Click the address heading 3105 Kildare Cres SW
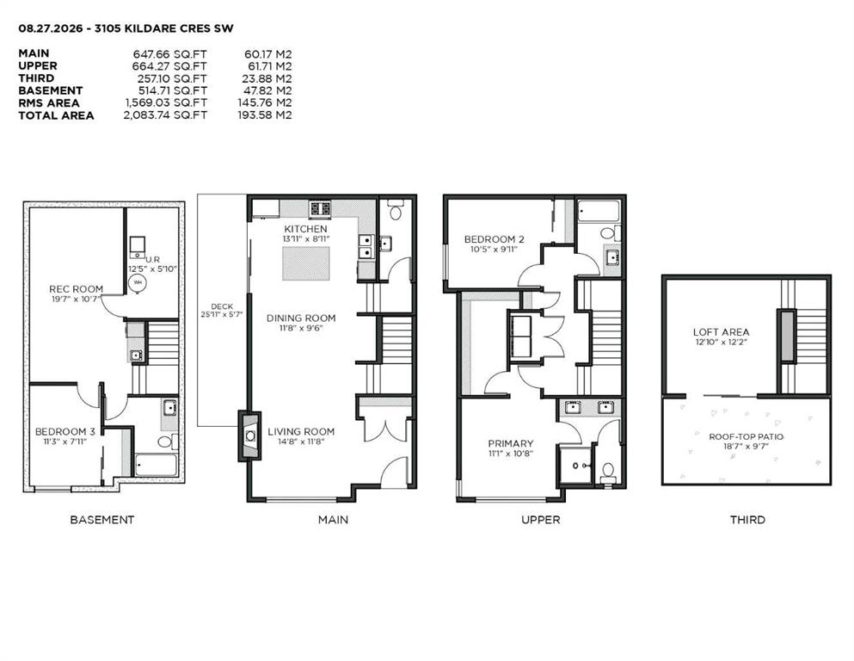[163, 28]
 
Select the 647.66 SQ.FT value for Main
[170, 54]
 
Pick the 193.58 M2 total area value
[265, 115]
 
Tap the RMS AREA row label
[49, 103]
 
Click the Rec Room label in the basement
[76, 289]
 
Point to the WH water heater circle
[138, 283]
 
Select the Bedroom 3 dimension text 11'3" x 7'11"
[65, 442]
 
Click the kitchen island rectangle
[306, 263]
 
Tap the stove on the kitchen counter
[320, 208]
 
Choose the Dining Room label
[301, 318]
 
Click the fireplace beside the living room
[249, 436]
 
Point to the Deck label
[222, 306]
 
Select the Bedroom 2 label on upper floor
[494, 239]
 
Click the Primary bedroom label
[510, 443]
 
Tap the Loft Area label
[721, 332]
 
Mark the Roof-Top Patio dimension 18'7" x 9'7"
[746, 446]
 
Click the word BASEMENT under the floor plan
[101, 520]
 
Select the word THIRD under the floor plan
[747, 520]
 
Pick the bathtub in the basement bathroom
[156, 465]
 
